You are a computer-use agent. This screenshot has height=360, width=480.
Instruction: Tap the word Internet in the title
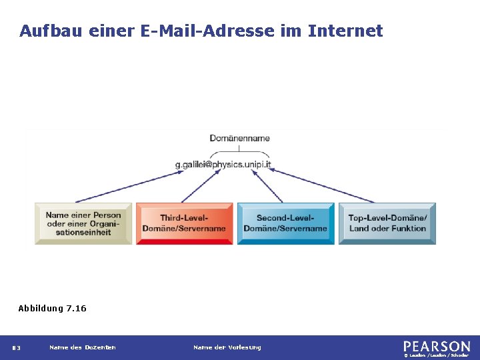tap(345, 31)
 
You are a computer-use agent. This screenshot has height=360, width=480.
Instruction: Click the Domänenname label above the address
tap(239, 138)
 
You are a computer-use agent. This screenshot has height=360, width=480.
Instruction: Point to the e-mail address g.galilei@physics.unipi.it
tap(223, 164)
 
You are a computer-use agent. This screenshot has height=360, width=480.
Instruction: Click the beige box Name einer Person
tap(83, 223)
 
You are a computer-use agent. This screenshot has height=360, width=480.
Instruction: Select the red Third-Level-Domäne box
tap(184, 223)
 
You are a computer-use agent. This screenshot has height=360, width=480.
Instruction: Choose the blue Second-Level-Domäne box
tap(285, 223)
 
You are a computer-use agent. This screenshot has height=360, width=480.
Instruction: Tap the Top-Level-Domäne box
tap(387, 223)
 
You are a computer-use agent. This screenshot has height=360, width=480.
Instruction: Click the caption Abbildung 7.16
tap(52, 308)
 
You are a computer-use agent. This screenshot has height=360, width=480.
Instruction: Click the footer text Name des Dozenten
tap(83, 347)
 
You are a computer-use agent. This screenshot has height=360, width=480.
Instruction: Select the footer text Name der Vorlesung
tap(227, 347)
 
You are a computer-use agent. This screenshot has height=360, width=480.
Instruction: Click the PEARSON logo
tap(436, 346)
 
